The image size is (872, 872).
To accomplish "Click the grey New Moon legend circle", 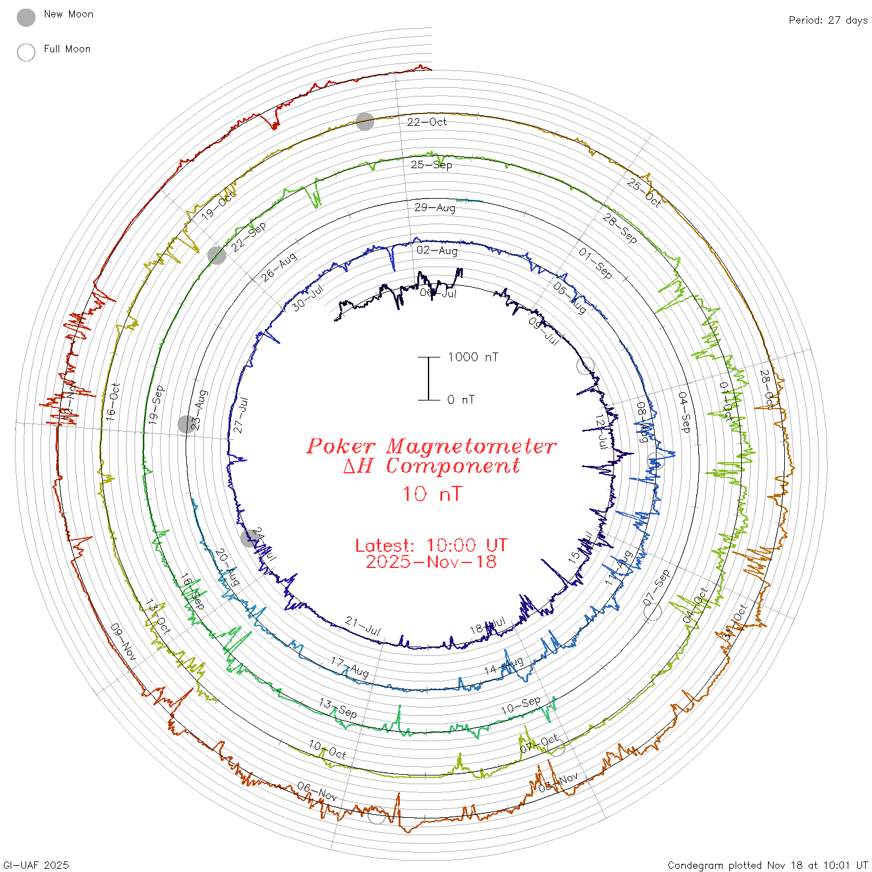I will pos(26,17).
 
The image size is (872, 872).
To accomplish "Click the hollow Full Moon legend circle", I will pos(26,52).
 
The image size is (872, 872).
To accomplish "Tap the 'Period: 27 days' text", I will pos(828,20).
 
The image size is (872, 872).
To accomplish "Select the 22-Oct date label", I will pos(427,122).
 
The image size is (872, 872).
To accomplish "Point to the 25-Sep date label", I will pos(431,164).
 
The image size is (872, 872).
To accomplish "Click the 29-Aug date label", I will pos(435,207).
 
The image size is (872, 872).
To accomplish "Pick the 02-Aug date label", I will pos(437,250).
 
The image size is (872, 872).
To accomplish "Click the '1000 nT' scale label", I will pos(473,357).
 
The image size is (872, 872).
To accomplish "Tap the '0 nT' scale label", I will pos(461,400).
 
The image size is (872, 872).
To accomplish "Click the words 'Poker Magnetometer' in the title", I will pos(431,446).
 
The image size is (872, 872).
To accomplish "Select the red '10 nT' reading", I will pos(432,494).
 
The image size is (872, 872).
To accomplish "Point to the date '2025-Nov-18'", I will pos(431,562).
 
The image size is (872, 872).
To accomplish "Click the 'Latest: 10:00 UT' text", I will pos(431,546).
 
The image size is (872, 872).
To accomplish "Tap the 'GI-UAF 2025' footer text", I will pos(36,865).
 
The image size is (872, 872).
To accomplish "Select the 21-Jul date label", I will pos(363,626).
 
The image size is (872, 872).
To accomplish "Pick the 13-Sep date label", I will pos(338,708).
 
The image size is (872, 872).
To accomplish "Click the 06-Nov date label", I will pos(317,792).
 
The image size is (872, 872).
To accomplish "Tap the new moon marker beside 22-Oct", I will pos(365,121).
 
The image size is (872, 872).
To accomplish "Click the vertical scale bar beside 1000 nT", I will pos(429,379).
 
